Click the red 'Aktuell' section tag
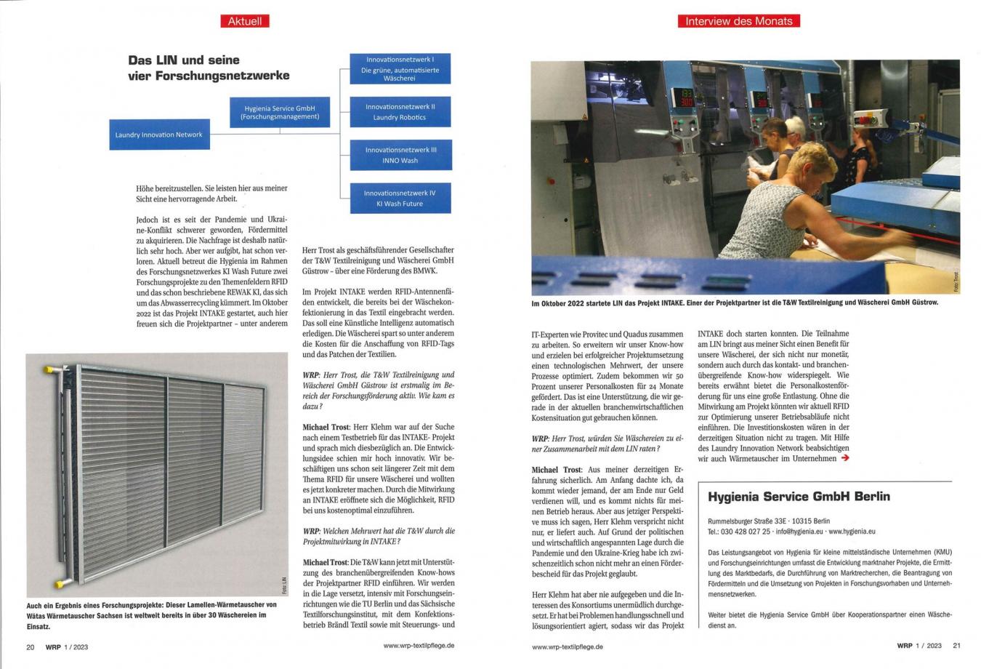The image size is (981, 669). [244, 21]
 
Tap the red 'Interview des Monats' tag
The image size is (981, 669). [738, 21]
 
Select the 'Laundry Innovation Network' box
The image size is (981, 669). [159, 135]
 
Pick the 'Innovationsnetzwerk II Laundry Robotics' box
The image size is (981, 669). [400, 111]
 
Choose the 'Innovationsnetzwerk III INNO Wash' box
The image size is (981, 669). [400, 155]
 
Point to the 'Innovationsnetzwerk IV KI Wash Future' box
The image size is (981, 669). [400, 199]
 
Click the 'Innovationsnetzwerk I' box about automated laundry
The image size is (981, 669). [400, 68]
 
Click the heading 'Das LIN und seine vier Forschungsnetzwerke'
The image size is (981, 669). [209, 68]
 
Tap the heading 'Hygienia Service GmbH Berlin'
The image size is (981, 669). [799, 497]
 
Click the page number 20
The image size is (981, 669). [31, 646]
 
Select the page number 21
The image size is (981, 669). [956, 645]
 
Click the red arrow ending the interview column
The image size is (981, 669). [844, 458]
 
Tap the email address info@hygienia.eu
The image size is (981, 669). [799, 532]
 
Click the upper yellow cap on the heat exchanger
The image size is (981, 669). [49, 370]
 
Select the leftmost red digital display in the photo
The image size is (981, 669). [687, 99]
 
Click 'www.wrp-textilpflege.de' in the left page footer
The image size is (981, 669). [419, 645]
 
